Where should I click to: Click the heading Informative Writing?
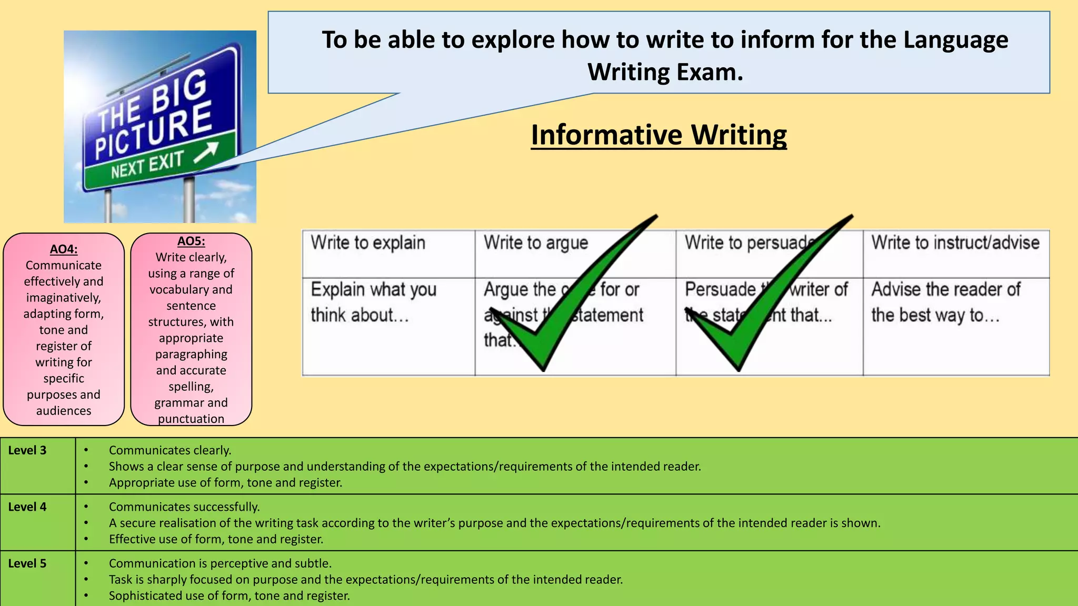click(658, 135)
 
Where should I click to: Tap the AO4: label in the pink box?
click(64, 249)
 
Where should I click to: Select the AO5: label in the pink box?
click(191, 241)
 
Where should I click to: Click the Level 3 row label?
click(27, 451)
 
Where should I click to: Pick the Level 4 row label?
click(27, 507)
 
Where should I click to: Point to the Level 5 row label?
click(27, 563)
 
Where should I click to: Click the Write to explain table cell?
click(368, 243)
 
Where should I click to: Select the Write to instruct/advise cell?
click(955, 243)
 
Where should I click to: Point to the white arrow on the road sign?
click(206, 153)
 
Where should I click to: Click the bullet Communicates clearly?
click(170, 451)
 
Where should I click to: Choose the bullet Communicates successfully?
click(184, 507)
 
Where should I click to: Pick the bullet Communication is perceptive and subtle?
click(220, 563)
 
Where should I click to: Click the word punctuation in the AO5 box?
click(191, 419)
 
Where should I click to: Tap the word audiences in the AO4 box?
click(64, 411)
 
